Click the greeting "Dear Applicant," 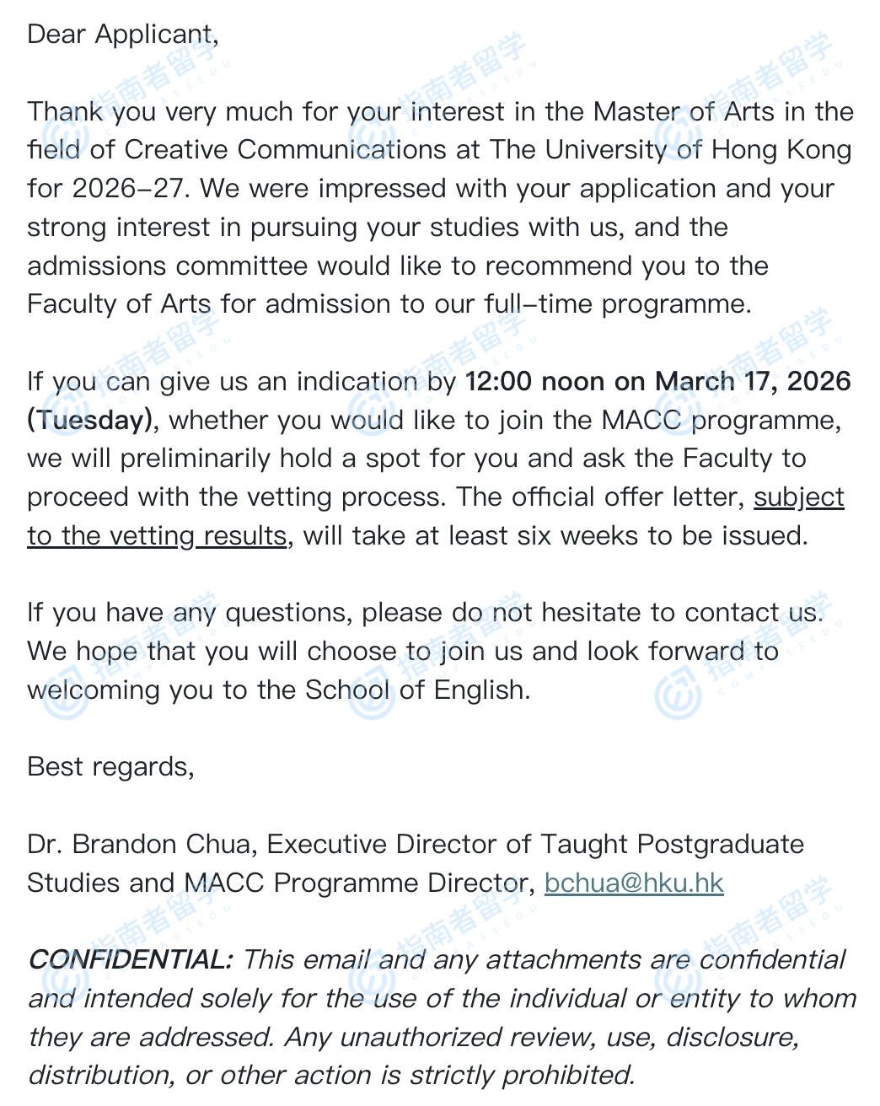pyautogui.click(x=122, y=35)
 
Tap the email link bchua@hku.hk pyautogui.click(x=634, y=883)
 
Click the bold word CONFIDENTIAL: pyautogui.click(x=130, y=959)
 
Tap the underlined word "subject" pyautogui.click(x=798, y=497)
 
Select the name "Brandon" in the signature pyautogui.click(x=123, y=844)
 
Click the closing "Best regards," pyautogui.click(x=110, y=766)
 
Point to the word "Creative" pyautogui.click(x=177, y=149)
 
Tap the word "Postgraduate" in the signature pyautogui.click(x=720, y=844)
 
